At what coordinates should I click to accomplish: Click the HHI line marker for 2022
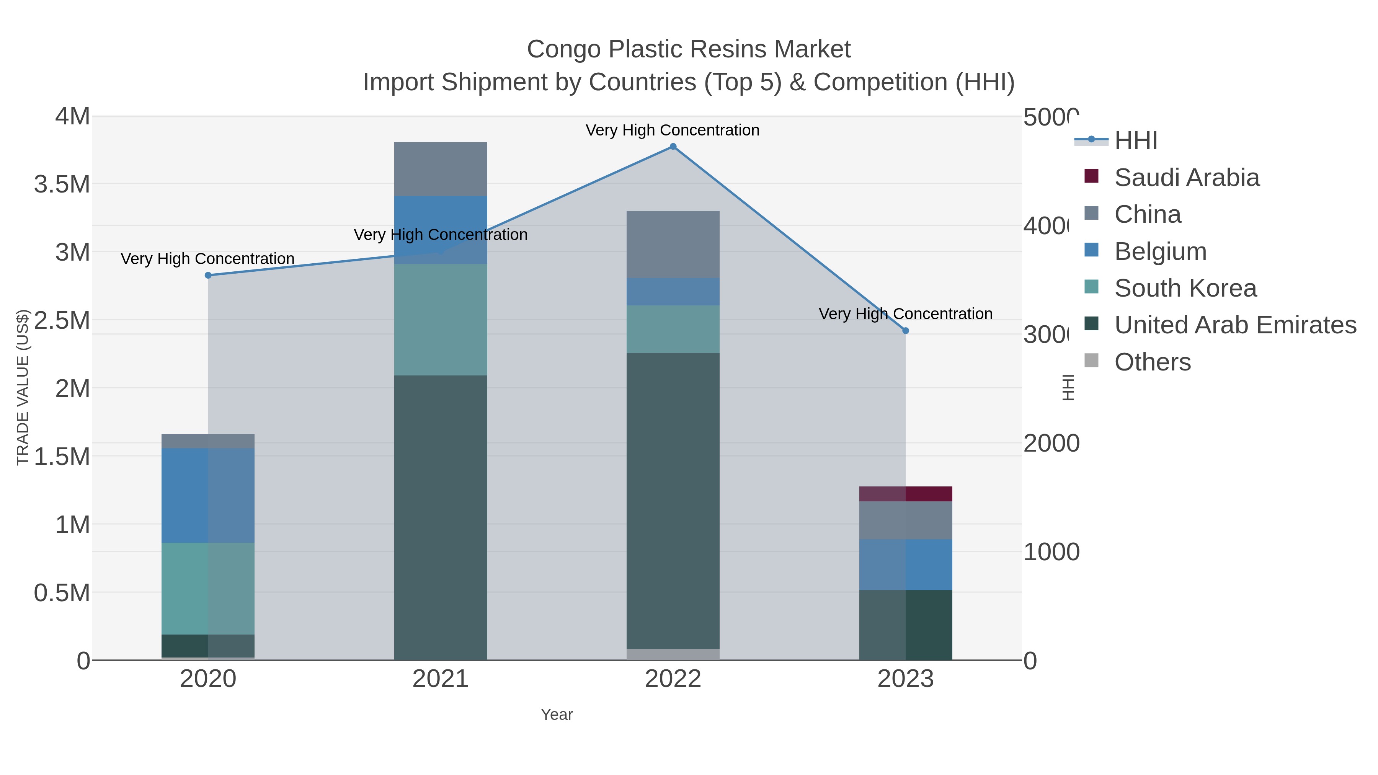click(673, 147)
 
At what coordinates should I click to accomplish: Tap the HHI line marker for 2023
click(906, 331)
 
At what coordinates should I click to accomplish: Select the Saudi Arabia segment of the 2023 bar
click(906, 494)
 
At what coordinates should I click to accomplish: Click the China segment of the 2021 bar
click(440, 169)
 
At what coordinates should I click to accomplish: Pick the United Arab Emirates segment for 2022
click(673, 501)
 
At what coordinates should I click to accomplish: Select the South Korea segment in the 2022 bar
click(673, 329)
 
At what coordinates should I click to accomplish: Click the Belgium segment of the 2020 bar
click(208, 495)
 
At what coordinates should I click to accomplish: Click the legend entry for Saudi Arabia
click(1187, 178)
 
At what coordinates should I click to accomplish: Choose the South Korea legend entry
click(1185, 288)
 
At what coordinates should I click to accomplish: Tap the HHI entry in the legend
click(1136, 141)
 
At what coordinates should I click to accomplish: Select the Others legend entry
click(1152, 362)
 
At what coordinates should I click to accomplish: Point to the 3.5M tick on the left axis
click(62, 184)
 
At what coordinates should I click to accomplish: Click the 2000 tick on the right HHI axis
click(1051, 444)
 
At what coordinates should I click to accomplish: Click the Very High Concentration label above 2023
click(905, 314)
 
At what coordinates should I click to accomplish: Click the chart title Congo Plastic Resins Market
click(689, 49)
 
